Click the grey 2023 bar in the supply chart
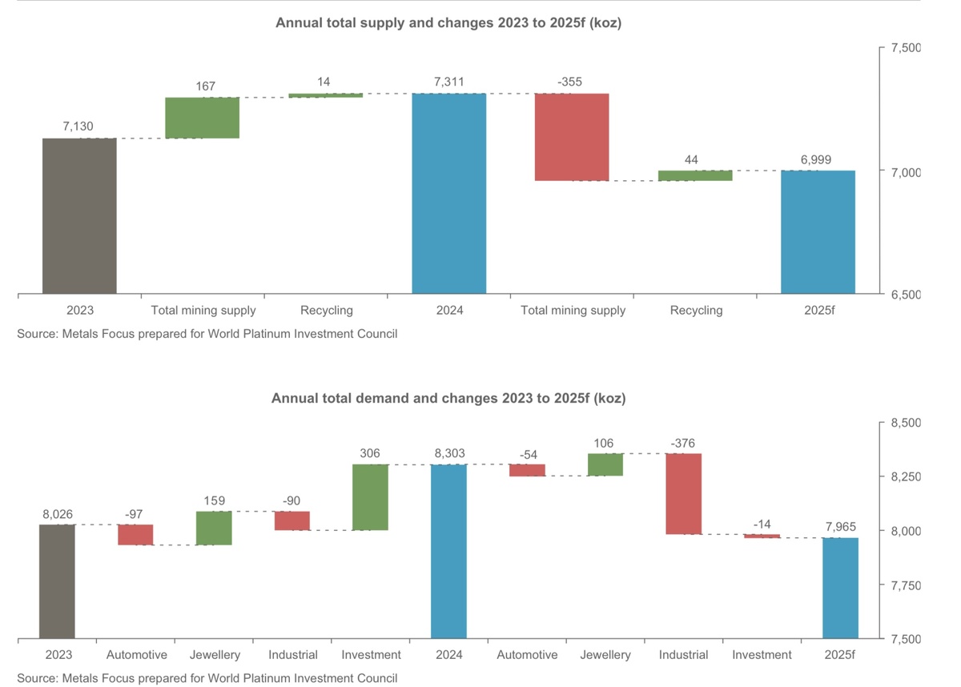(x=79, y=216)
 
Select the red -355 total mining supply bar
(x=572, y=137)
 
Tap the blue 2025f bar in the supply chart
(x=818, y=232)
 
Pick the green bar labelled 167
(x=202, y=118)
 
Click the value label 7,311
(x=448, y=82)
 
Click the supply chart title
(x=448, y=23)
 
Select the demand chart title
(x=448, y=398)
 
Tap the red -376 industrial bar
(x=683, y=493)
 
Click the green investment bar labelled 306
(x=370, y=497)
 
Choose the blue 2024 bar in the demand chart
(x=448, y=552)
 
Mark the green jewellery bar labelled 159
(x=214, y=528)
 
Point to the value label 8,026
(x=57, y=514)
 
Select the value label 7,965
(x=840, y=526)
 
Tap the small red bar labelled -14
(x=762, y=536)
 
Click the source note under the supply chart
(x=207, y=334)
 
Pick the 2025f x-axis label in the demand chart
(x=840, y=655)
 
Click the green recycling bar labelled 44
(x=695, y=175)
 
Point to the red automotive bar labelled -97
(x=135, y=535)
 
